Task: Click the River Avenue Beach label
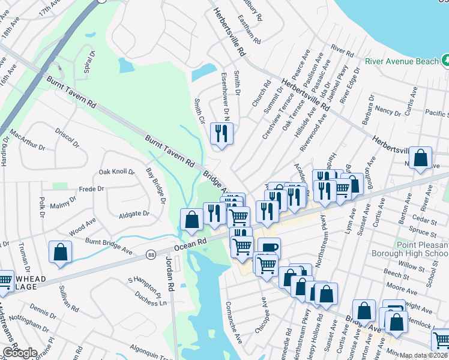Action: pos(401,61)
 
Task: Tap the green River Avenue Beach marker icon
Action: pos(445,61)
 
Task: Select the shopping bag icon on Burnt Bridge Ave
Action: pos(60,252)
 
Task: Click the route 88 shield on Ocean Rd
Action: pos(151,254)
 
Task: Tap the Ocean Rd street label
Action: pos(190,244)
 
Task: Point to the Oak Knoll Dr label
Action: pos(116,172)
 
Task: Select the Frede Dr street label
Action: pos(92,188)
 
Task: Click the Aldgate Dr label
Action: pos(133,214)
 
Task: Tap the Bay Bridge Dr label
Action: pos(155,185)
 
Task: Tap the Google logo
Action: pos(19,353)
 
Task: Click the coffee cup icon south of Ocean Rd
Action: pos(268,248)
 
